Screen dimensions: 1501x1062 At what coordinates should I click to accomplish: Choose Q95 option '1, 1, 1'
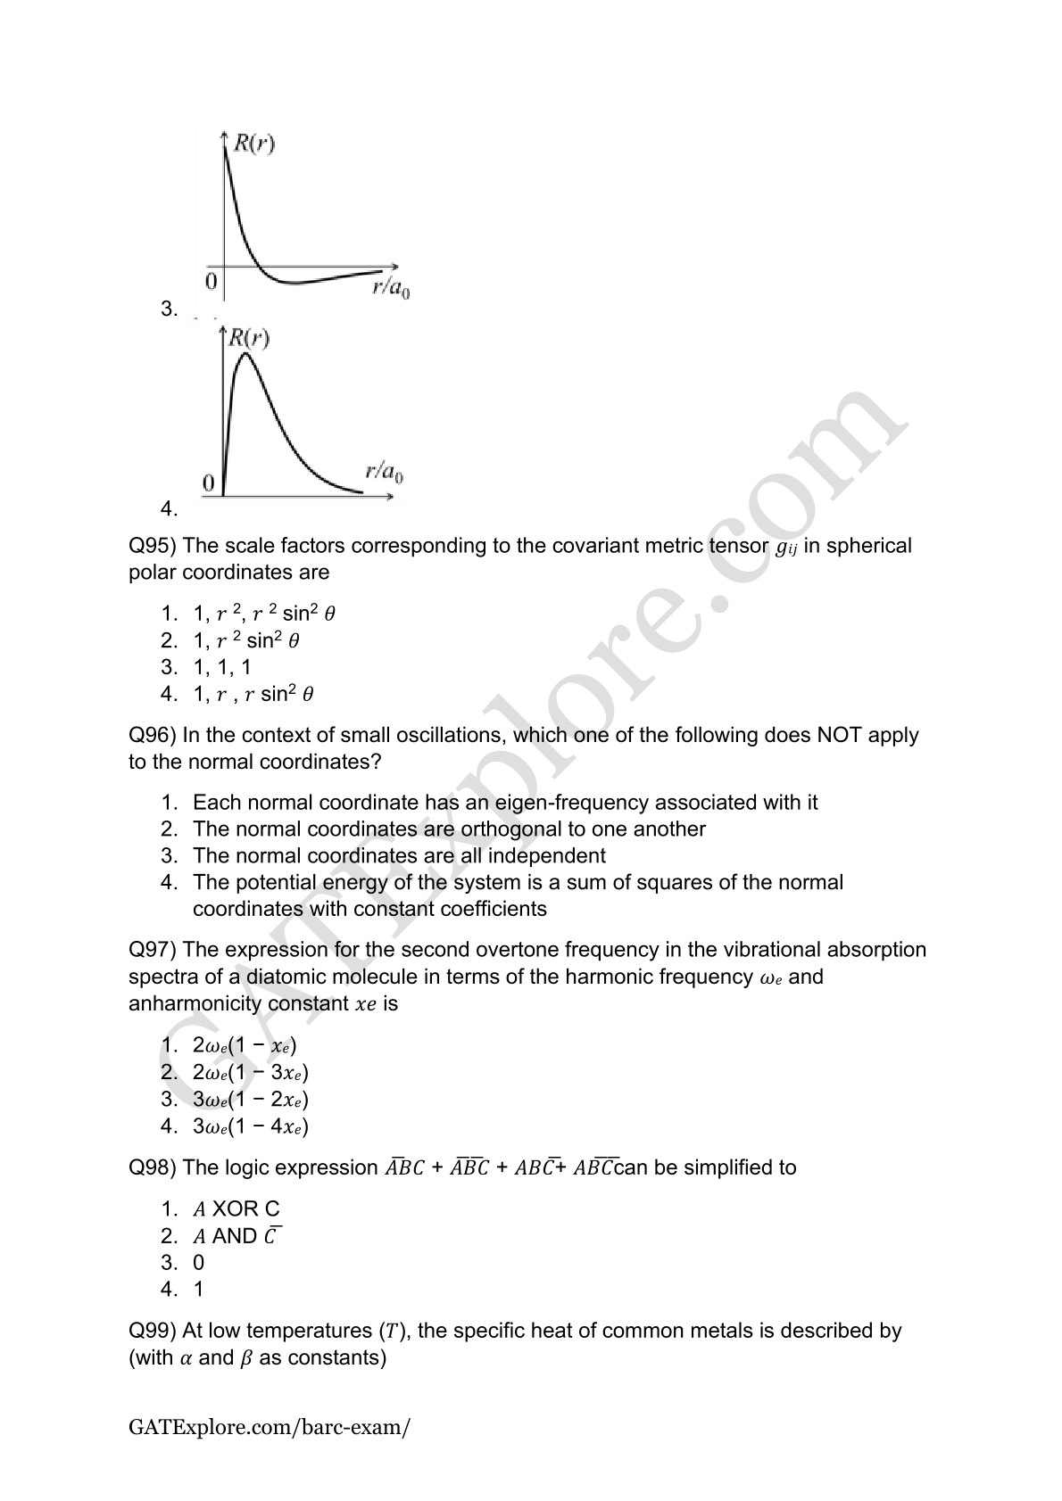tap(222, 667)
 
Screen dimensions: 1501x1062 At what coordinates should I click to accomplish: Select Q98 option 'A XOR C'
tap(236, 1209)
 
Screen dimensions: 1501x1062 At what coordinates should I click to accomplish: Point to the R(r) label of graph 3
tap(253, 144)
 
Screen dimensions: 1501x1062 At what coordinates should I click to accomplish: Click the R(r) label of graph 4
tap(249, 338)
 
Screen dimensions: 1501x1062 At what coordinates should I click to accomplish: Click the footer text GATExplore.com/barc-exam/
tap(270, 1427)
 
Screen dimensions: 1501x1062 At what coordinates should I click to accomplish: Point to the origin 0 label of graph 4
tap(208, 483)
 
